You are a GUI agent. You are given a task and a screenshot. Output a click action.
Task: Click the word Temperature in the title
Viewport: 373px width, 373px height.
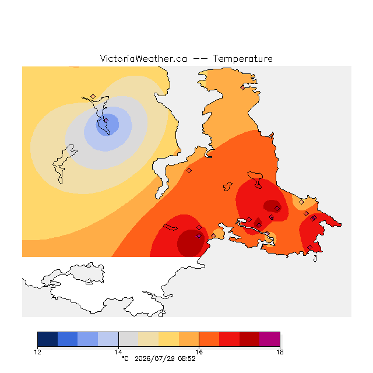(x=242, y=58)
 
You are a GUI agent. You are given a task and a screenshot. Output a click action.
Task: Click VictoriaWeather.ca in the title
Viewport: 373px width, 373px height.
(x=143, y=58)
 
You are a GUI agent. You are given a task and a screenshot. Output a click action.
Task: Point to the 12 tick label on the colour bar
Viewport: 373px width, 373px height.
(x=37, y=352)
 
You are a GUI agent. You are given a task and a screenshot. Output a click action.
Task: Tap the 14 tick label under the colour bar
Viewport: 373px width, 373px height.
(x=118, y=352)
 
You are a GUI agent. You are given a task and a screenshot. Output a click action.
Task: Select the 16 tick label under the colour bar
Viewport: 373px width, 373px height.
(x=199, y=352)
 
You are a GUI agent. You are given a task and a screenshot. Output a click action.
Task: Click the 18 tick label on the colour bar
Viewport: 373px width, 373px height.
(x=280, y=352)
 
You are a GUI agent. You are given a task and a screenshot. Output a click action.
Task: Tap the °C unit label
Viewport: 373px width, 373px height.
(x=125, y=358)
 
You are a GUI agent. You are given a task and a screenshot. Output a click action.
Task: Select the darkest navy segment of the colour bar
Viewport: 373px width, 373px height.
(x=48, y=339)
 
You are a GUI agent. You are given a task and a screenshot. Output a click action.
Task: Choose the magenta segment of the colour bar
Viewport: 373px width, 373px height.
(x=269, y=339)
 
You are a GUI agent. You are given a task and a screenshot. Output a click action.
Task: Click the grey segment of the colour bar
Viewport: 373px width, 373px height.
(x=128, y=339)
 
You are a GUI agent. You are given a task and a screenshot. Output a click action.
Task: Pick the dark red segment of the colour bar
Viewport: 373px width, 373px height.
(x=249, y=339)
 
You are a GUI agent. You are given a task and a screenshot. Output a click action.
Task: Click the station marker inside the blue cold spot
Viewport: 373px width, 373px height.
(x=106, y=121)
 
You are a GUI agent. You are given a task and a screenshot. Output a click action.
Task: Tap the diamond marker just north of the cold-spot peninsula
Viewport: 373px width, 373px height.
(x=93, y=96)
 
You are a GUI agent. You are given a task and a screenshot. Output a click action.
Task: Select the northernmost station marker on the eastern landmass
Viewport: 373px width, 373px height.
(x=242, y=88)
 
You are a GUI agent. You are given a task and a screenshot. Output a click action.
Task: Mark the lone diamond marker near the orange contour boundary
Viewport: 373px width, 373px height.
(x=189, y=170)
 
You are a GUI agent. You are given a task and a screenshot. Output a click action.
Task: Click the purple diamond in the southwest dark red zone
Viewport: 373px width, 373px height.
(x=199, y=235)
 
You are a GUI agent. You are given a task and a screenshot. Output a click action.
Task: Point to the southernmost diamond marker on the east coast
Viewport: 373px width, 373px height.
(x=309, y=247)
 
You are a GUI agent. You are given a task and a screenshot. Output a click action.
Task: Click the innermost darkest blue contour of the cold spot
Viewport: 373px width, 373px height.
(x=108, y=125)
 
